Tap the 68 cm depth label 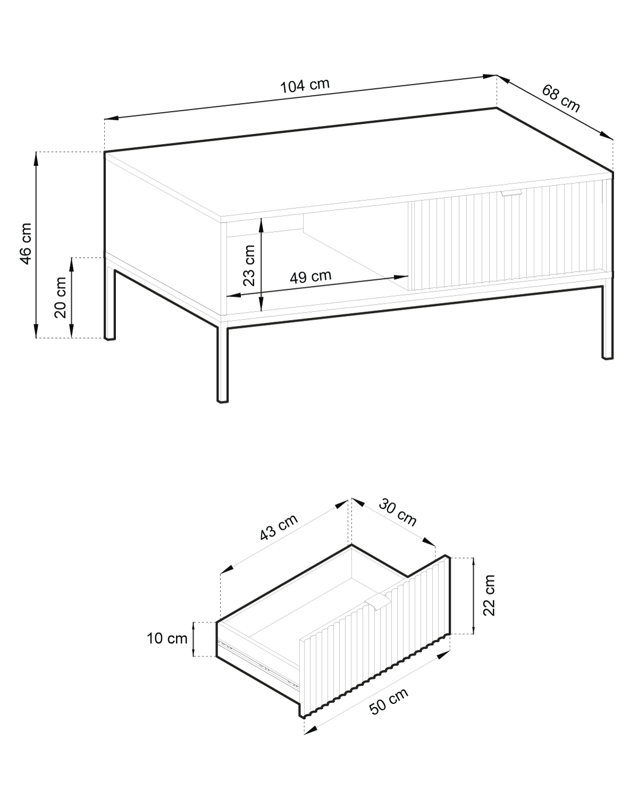coord(560,98)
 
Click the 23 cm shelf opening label coord(249,265)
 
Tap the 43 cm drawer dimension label coord(279,527)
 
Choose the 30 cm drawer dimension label coord(397,511)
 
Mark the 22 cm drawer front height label coord(489,595)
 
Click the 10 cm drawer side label coord(167,639)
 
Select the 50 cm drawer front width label coord(389,701)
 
